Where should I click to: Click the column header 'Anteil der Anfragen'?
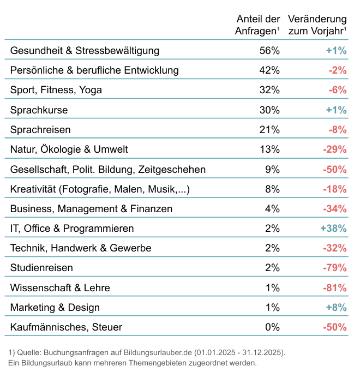point(257,26)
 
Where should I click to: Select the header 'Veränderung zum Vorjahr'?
point(317,26)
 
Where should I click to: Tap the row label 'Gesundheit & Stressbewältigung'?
point(85,51)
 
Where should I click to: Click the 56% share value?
point(269,51)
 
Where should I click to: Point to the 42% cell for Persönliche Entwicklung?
point(269,70)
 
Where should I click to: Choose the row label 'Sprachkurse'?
point(39,110)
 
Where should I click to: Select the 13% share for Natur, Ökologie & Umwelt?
point(269,149)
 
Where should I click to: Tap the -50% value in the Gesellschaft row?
point(334,170)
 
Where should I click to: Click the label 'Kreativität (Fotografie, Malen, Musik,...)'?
point(100,189)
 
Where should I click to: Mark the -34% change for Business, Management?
point(334,209)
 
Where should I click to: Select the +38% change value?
point(333,229)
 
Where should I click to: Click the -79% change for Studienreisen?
point(334,268)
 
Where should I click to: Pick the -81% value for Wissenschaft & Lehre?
point(334,287)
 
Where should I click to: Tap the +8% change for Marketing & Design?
point(336,307)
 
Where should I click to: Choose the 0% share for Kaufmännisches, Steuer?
point(272,327)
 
